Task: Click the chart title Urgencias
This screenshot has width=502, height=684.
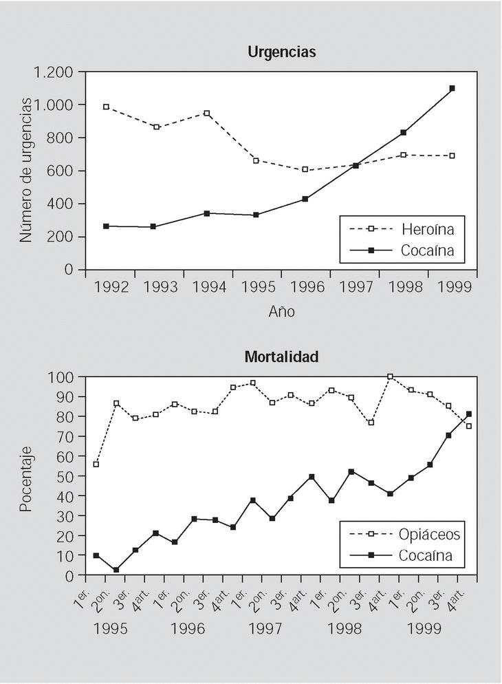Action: point(281,52)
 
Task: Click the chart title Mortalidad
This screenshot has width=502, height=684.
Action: point(281,357)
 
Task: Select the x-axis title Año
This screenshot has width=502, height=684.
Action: point(281,312)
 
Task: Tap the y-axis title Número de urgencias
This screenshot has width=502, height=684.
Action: point(25,170)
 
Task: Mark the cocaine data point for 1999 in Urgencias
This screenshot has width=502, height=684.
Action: point(452,88)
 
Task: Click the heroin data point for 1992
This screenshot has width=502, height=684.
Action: point(106,107)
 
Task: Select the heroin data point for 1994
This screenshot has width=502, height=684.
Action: point(206,113)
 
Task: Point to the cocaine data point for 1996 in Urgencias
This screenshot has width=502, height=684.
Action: point(305,199)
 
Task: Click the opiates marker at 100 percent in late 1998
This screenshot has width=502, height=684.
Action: point(390,376)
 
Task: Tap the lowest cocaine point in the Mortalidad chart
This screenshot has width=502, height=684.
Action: point(116,570)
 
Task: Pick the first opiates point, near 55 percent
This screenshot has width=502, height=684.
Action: point(96,464)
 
